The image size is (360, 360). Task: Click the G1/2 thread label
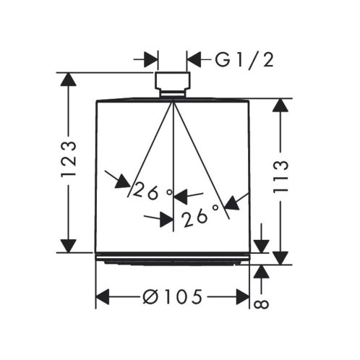(244, 60)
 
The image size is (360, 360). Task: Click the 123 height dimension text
(69, 160)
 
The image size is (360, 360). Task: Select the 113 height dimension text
(280, 176)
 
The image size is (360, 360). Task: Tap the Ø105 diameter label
(172, 296)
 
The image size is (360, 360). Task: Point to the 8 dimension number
(262, 304)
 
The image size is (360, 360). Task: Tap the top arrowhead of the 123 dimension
(69, 80)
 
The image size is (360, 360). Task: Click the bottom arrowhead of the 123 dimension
(69, 246)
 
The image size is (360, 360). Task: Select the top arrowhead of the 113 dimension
(280, 106)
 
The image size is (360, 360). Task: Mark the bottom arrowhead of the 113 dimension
(280, 258)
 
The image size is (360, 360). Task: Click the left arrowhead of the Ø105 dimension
(103, 297)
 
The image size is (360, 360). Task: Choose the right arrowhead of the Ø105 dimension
(243, 297)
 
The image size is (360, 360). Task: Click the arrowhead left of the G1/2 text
(194, 59)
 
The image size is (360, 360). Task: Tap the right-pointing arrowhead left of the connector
(150, 59)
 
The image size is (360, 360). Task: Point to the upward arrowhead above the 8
(262, 272)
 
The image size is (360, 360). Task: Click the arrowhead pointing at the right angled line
(232, 204)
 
